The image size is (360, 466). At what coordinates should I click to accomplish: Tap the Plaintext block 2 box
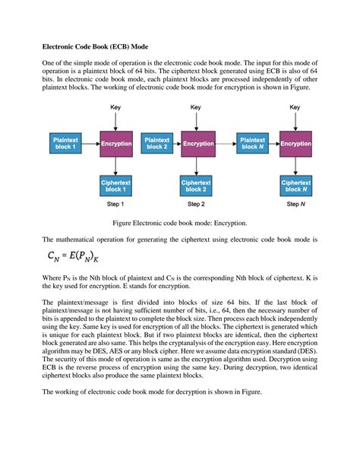[x=156, y=143]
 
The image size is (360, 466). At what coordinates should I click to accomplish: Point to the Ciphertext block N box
[x=295, y=185]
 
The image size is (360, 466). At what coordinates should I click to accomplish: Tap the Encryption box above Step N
[x=295, y=143]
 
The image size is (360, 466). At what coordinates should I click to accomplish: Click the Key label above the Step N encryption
[x=295, y=108]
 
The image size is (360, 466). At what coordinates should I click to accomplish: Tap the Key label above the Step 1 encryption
[x=116, y=108]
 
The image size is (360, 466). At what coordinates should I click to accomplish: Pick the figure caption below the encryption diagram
[x=180, y=224]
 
